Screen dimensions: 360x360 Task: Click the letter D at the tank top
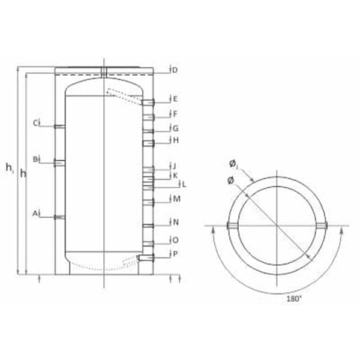[x=175, y=70]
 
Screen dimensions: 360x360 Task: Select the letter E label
[x=175, y=99]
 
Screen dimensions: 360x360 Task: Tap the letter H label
[x=176, y=140]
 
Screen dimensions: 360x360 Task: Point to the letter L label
[x=184, y=184]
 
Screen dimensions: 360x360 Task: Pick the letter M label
[x=176, y=199]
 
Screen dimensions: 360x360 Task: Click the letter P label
[x=175, y=254]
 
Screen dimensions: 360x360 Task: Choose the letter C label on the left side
[x=35, y=123]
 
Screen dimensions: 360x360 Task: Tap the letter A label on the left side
[x=35, y=214]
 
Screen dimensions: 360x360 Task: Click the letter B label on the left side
[x=35, y=159]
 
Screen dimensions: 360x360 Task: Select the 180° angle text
[x=294, y=299]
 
